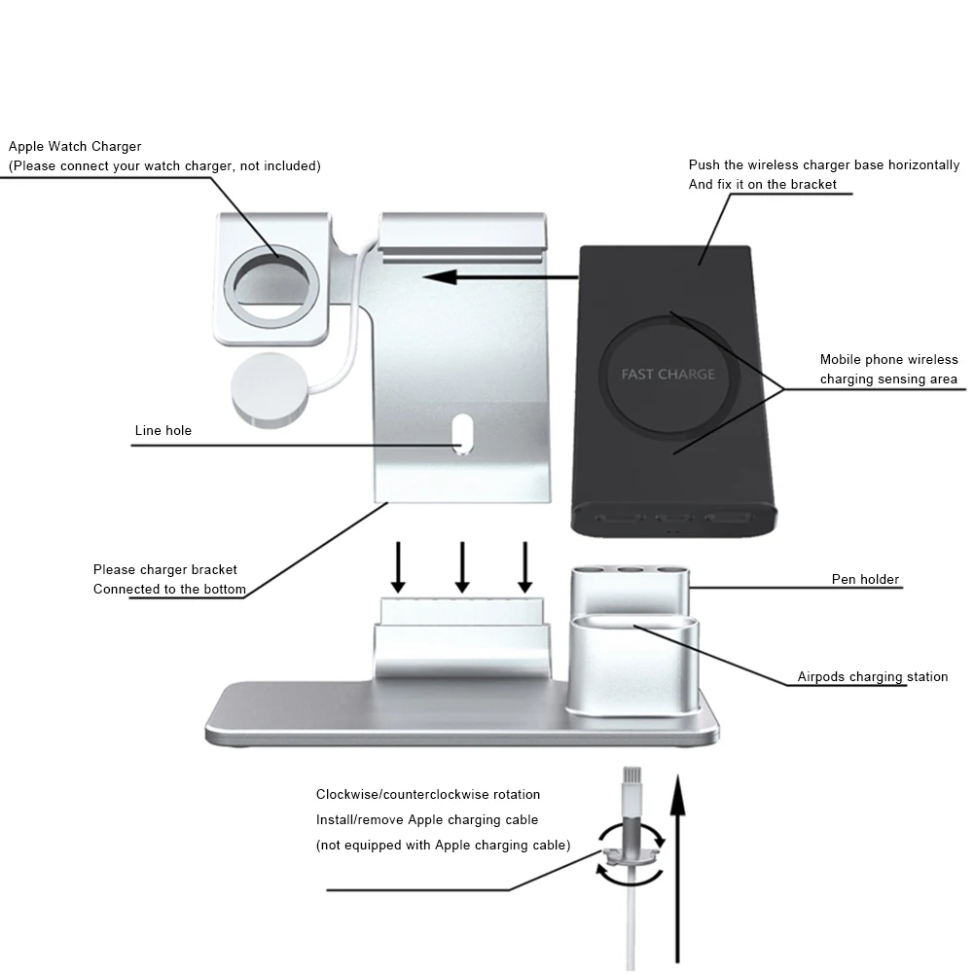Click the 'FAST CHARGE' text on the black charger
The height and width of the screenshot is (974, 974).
click(x=667, y=374)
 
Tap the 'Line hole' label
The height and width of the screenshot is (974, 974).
click(x=162, y=430)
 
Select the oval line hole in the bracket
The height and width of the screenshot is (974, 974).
click(x=463, y=433)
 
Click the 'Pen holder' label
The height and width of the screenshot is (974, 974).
click(x=865, y=579)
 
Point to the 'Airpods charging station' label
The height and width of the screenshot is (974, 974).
click(x=872, y=676)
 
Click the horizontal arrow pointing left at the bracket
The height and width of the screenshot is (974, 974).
click(x=500, y=276)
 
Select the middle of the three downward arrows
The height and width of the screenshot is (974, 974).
click(x=462, y=566)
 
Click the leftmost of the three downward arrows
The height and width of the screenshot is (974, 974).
click(x=398, y=566)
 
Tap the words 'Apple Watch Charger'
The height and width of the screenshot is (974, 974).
click(x=75, y=146)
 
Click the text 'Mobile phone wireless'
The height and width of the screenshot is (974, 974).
click(x=888, y=359)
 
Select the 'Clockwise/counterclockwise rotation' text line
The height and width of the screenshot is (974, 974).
click(x=428, y=795)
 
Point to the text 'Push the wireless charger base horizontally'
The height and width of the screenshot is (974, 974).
click(x=823, y=164)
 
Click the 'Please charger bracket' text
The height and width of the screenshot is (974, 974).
click(x=164, y=569)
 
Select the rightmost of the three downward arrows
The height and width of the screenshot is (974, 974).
click(x=525, y=566)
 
